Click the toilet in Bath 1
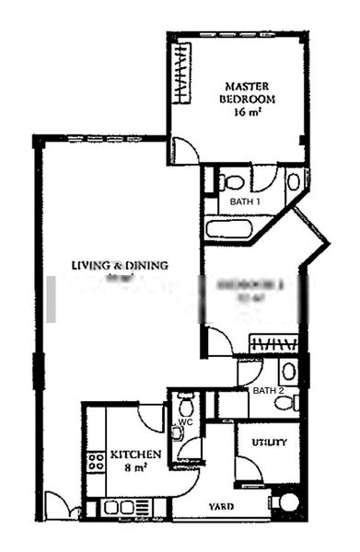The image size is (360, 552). [232, 181]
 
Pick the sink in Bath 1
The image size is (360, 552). [294, 181]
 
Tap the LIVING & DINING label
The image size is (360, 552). [120, 266]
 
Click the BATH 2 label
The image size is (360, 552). [268, 391]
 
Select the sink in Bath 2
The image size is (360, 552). [288, 371]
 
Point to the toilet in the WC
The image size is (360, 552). [185, 404]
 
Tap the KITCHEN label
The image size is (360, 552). [136, 454]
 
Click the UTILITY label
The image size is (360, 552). [270, 443]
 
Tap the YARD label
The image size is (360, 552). [219, 507]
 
